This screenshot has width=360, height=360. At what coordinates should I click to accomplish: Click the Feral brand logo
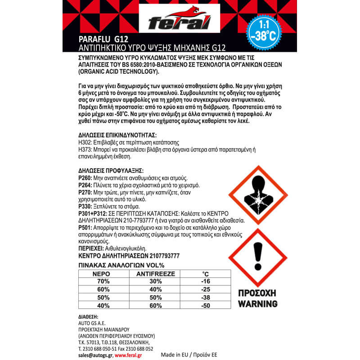[180, 21]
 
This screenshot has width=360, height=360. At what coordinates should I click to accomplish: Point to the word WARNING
[257, 304]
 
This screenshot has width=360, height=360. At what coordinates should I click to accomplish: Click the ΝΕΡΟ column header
[101, 273]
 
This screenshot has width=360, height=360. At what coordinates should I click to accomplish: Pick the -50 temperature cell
[206, 306]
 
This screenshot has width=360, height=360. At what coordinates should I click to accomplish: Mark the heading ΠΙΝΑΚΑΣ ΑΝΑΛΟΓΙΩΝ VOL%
[121, 265]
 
